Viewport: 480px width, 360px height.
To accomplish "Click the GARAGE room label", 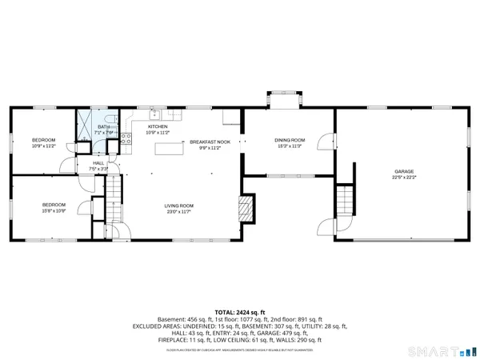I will pyautogui.click(x=403, y=172).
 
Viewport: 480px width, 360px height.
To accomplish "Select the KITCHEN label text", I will pyautogui.click(x=157, y=127).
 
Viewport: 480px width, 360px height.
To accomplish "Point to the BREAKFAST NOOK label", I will pyautogui.click(x=205, y=142).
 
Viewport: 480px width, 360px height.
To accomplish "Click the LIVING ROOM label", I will pyautogui.click(x=181, y=206).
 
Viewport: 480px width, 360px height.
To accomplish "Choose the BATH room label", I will pyautogui.click(x=104, y=127).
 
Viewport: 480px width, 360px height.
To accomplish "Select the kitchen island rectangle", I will pyautogui.click(x=167, y=147).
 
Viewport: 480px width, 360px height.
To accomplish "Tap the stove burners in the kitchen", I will pyautogui.click(x=126, y=141).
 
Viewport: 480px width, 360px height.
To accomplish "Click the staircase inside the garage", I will pyautogui.click(x=344, y=196).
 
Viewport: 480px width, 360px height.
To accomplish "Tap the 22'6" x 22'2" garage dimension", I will pyautogui.click(x=403, y=178).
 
